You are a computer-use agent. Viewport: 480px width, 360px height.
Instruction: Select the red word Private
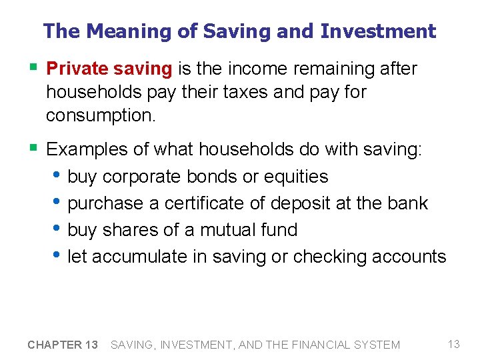(x=73, y=69)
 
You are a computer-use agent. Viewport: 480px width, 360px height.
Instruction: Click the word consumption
(x=100, y=115)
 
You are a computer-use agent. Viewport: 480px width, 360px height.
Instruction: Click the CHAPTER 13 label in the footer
(x=63, y=345)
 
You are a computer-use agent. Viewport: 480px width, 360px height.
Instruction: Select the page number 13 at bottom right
(x=454, y=344)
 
